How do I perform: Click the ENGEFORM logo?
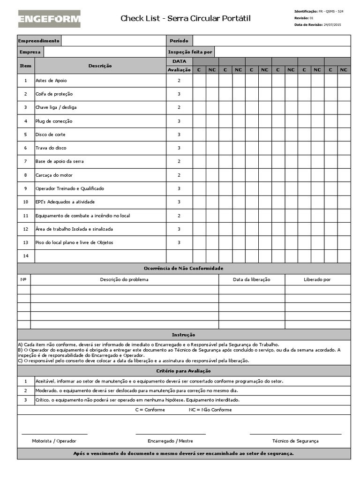[x=49, y=19]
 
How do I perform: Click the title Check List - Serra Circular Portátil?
[x=186, y=18]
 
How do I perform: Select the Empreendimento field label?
[x=39, y=41]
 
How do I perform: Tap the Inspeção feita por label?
[x=190, y=52]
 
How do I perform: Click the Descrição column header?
[x=100, y=66]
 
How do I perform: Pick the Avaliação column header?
[x=179, y=70]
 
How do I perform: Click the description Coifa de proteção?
[x=54, y=94]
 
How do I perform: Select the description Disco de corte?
[x=50, y=135]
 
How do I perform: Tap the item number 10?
[x=26, y=202]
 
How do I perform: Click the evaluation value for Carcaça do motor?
[x=179, y=175]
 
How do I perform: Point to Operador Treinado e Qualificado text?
[x=69, y=188]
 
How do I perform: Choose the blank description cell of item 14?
[x=100, y=256]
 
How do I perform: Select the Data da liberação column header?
[x=251, y=280]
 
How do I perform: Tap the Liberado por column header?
[x=317, y=280]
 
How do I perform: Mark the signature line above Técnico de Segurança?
[x=295, y=434]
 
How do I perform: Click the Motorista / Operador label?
[x=54, y=441]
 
